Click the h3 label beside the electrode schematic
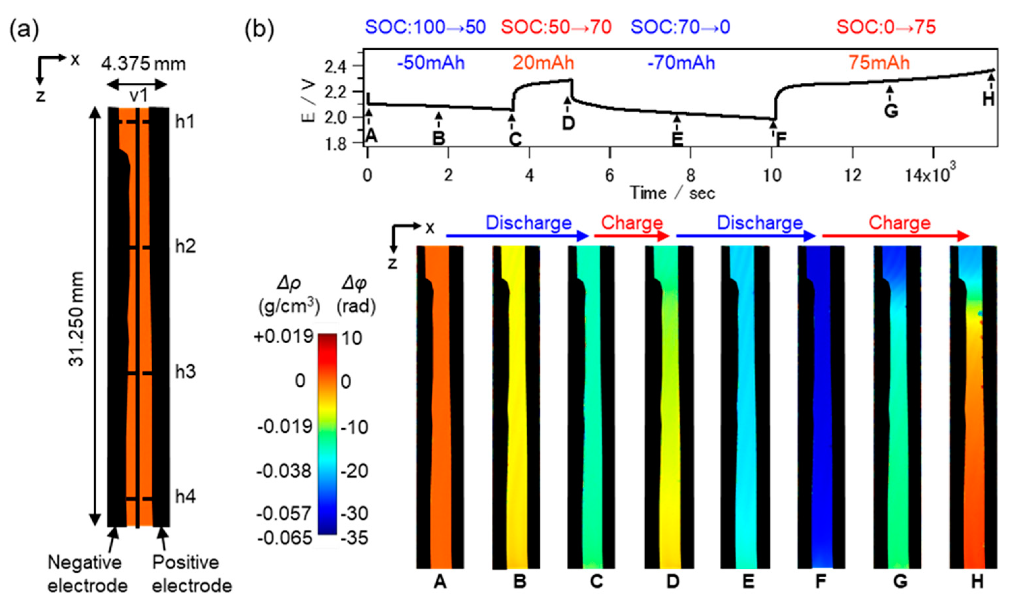pyautogui.click(x=185, y=372)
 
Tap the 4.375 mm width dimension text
pyautogui.click(x=144, y=64)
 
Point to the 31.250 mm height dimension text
pyautogui.click(x=77, y=319)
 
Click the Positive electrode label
pyautogui.click(x=191, y=574)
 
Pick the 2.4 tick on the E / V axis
pyautogui.click(x=335, y=66)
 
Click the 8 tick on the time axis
pyautogui.click(x=691, y=176)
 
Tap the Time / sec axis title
pyautogui.click(x=673, y=193)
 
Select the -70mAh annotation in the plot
pyautogui.click(x=681, y=63)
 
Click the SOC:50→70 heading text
pyautogui.click(x=556, y=27)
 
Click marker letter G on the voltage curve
pyautogui.click(x=891, y=111)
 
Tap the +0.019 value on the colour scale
pyautogui.click(x=284, y=337)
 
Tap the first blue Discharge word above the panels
pyautogui.click(x=528, y=223)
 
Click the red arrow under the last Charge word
pyautogui.click(x=895, y=236)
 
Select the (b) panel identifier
pyautogui.click(x=259, y=30)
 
